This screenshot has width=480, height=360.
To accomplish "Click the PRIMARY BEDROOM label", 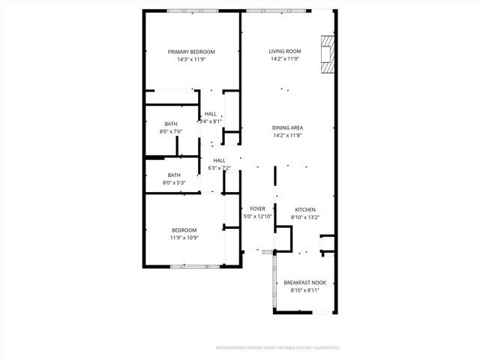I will [x=191, y=52].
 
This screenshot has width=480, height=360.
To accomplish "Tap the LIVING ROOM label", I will [x=285, y=51].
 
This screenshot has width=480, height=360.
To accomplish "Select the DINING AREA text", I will [x=288, y=128].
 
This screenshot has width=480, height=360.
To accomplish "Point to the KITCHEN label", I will [x=304, y=209].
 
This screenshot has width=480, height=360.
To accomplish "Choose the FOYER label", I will [x=257, y=209].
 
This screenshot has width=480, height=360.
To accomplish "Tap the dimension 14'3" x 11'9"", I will [x=191, y=59].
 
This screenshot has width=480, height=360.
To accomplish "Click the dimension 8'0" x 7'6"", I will [x=171, y=131].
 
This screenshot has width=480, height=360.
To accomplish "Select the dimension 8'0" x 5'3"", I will [x=174, y=183].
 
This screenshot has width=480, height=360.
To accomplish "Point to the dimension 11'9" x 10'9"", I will [x=184, y=238].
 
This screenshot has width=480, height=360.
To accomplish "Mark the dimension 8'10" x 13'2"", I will [x=305, y=217].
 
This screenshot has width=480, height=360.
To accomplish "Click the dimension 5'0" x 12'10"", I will [x=257, y=217].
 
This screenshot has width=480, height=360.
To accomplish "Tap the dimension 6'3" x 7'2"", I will [x=219, y=168].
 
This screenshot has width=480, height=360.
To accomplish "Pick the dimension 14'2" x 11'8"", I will [x=288, y=136].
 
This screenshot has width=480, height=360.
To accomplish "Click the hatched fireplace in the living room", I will [x=325, y=55].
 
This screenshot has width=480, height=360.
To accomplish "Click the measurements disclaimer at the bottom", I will [x=277, y=348].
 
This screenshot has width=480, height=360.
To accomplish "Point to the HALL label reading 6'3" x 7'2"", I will [x=219, y=160].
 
